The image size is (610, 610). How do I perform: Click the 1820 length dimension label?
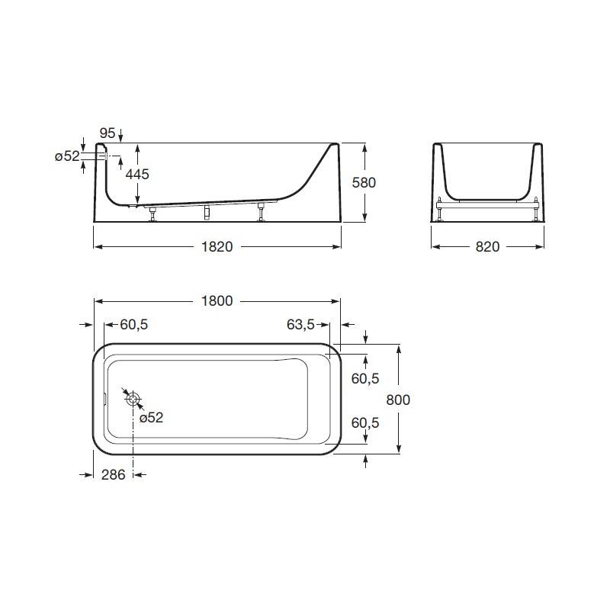click(x=217, y=246)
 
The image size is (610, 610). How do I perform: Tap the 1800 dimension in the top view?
click(x=217, y=300)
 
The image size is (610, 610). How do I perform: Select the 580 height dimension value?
click(x=364, y=182)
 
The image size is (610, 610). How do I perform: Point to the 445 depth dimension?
click(x=137, y=174)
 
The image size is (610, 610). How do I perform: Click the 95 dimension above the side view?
click(x=108, y=133)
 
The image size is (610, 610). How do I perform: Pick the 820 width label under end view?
click(x=487, y=246)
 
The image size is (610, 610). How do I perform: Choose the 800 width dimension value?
click(x=398, y=400)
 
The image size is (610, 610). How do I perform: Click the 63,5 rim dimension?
click(x=300, y=325)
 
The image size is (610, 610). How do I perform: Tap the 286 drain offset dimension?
click(x=113, y=474)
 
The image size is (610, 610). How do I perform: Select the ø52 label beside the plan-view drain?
click(x=151, y=418)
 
